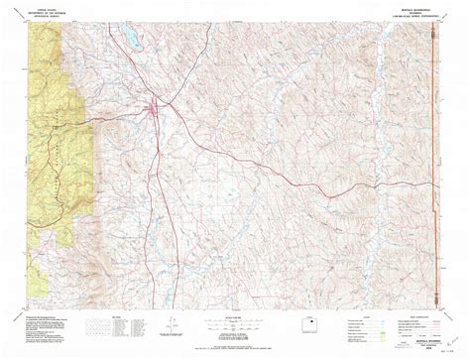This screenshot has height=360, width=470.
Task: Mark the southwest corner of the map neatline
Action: click(x=33, y=303)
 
